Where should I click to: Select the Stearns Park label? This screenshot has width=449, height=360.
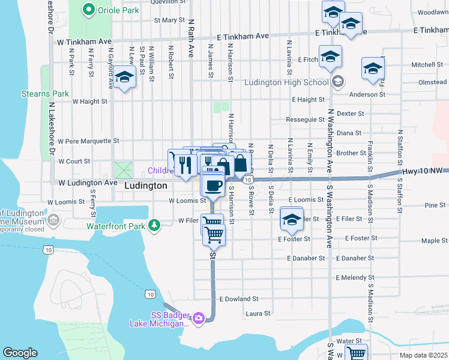[x=46, y=94]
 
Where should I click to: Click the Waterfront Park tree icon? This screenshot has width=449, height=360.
[x=155, y=226]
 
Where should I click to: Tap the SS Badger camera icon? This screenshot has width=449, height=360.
[x=199, y=318]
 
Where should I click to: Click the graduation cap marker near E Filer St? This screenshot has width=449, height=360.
[x=292, y=220]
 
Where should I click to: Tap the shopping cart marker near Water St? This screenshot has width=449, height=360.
[x=357, y=354]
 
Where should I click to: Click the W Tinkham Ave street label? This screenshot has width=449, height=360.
[x=85, y=42]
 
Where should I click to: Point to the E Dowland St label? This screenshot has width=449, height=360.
[x=239, y=298]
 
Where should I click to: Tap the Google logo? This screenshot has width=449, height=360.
[x=20, y=353]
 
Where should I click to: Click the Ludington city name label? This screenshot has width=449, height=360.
[x=145, y=186]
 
